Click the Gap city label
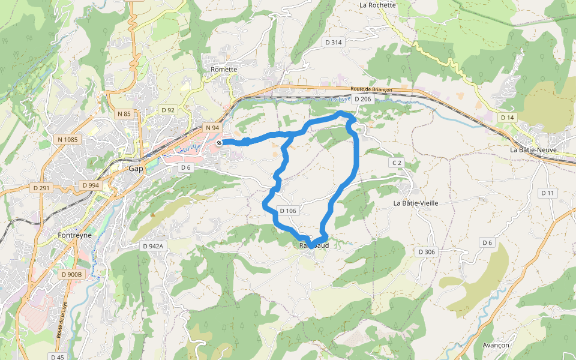(x=136, y=169)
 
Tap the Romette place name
(x=224, y=70)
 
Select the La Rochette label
(x=377, y=5)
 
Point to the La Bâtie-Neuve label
(x=534, y=149)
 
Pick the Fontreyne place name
(x=76, y=235)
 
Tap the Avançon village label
(x=496, y=346)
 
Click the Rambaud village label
(x=314, y=245)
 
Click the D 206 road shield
(x=363, y=99)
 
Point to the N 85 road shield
(x=124, y=113)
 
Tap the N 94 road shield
(x=212, y=128)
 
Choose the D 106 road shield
(x=288, y=211)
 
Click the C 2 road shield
(x=396, y=163)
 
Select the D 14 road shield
(x=508, y=117)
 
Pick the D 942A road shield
(x=153, y=246)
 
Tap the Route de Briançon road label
(x=371, y=89)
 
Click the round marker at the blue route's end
(x=220, y=143)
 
